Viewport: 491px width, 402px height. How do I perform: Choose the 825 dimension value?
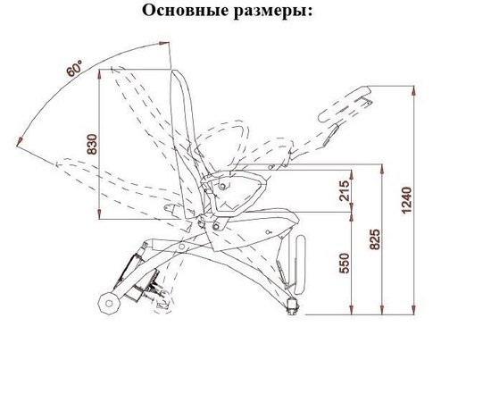[376, 239]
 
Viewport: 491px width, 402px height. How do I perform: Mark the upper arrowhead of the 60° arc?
[169, 52]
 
